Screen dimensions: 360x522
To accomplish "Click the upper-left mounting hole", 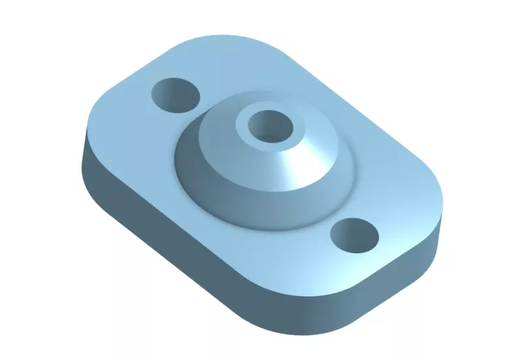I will (x=175, y=96).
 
